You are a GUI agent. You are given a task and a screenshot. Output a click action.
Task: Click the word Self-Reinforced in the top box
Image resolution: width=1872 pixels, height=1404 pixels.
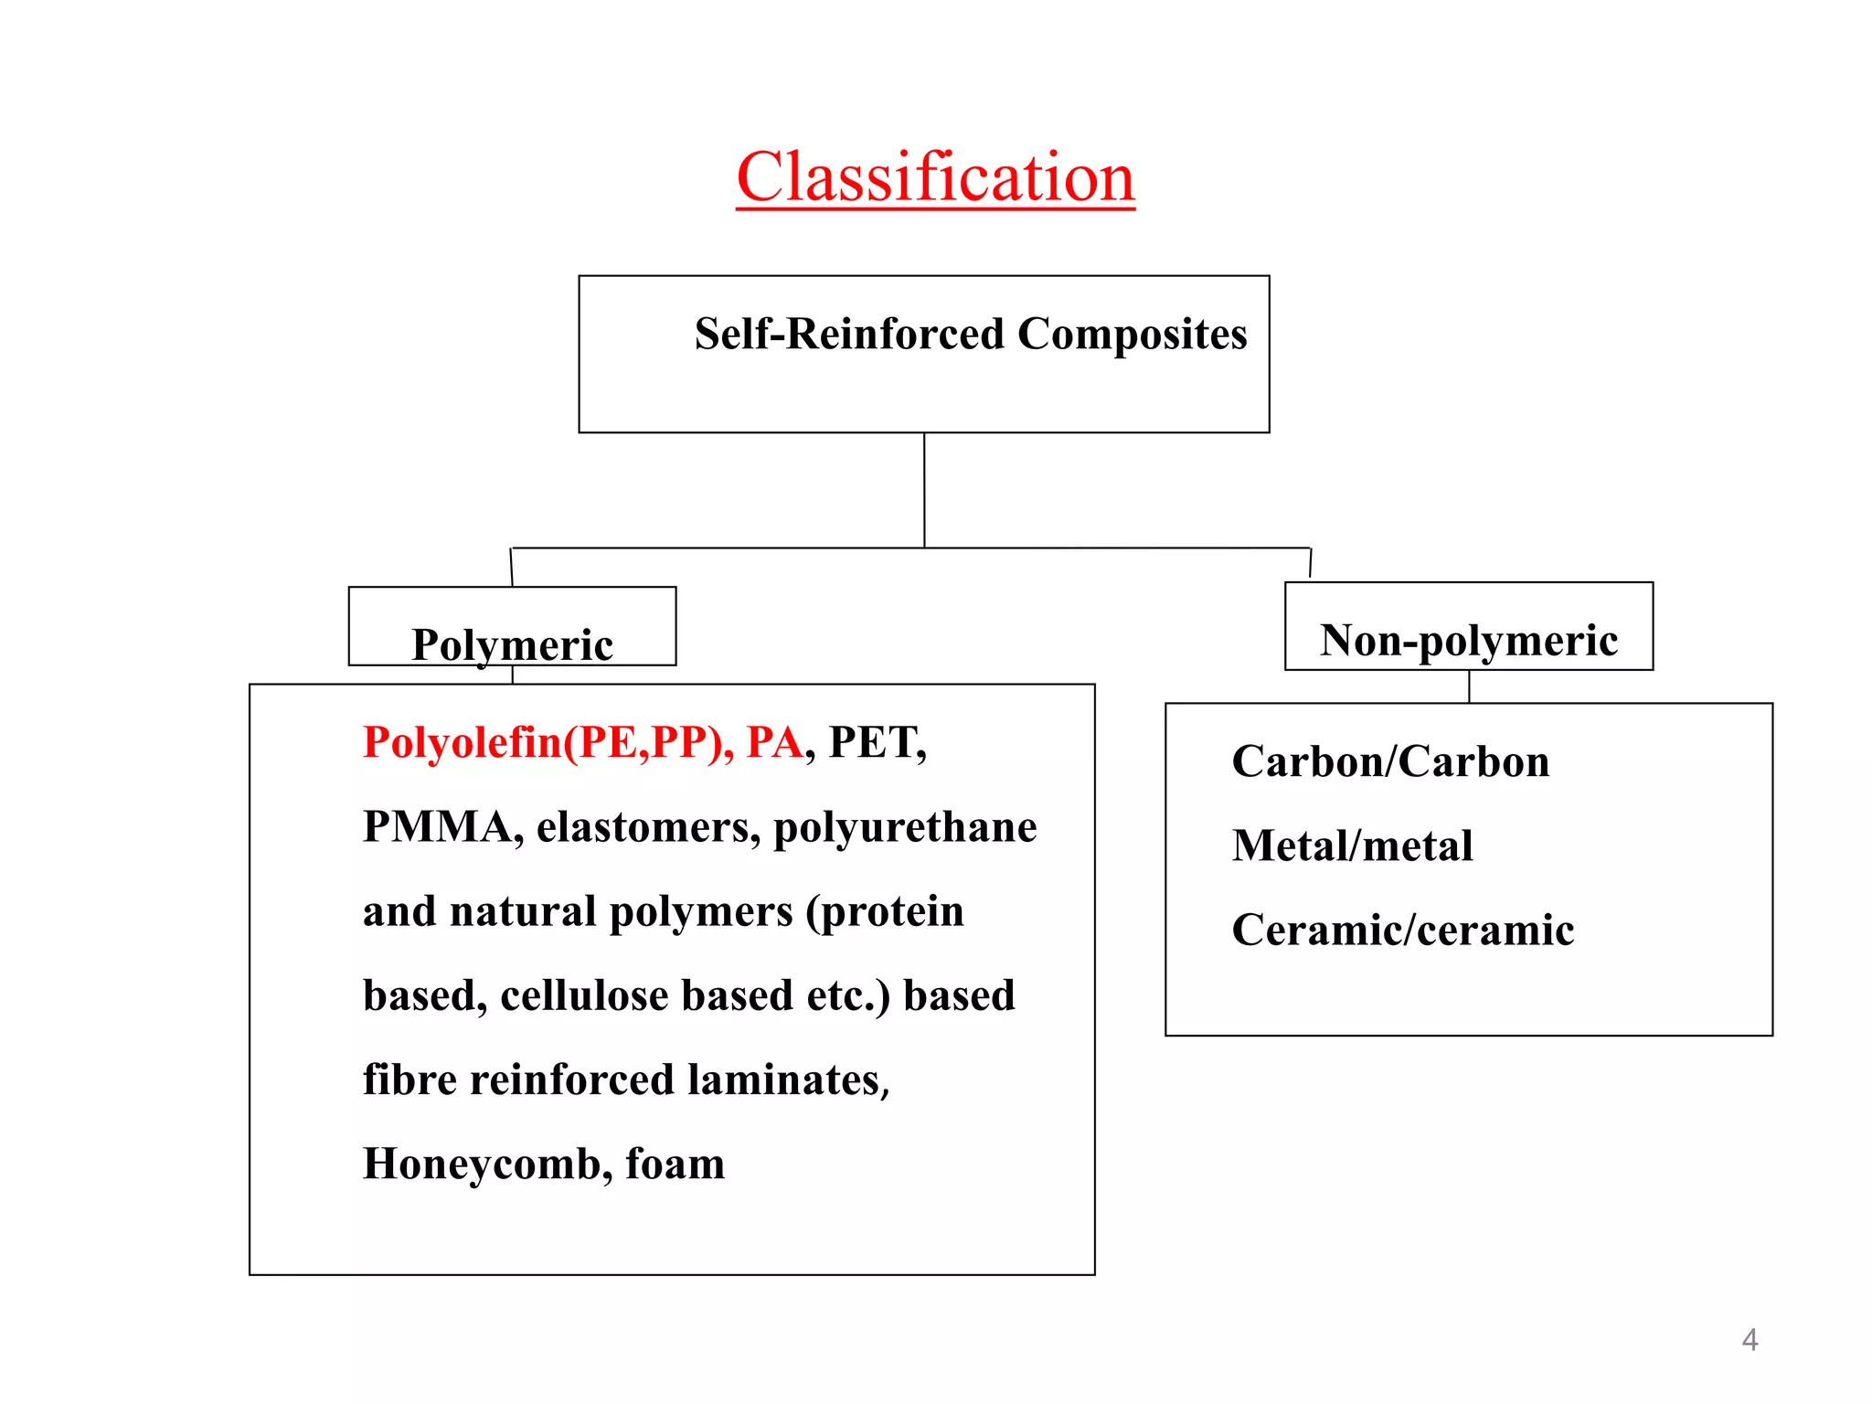coord(849,334)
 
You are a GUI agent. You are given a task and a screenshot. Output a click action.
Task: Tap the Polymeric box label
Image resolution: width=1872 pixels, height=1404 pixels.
coord(512,644)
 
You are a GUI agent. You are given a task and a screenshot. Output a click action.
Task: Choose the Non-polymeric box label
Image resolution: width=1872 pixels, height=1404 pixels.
coord(1468,640)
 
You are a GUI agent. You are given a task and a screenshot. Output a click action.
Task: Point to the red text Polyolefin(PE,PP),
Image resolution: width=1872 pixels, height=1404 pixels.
coord(548,742)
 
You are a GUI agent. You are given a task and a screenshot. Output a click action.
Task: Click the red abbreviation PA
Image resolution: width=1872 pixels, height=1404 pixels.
coord(774,742)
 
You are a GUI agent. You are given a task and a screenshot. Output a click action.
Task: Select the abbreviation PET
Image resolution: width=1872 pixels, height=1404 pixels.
coord(876,742)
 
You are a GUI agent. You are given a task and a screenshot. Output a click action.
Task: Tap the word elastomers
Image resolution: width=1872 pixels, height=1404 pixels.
coord(648,826)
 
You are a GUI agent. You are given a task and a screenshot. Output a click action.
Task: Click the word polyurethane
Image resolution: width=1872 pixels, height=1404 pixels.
coord(905,828)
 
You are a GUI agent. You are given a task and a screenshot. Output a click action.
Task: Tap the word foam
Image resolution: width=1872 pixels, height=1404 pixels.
coord(675,1165)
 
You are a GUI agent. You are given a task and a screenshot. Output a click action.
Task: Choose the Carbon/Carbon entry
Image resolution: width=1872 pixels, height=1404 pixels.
coord(1390,761)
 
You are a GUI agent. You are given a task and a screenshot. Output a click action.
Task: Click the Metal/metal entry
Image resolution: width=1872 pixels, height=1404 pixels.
coord(1352,846)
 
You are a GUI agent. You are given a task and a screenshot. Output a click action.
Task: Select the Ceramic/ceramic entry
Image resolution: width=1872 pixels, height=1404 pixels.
coord(1402,930)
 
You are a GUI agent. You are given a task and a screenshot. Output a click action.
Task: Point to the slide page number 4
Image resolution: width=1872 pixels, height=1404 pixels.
coord(1750,1340)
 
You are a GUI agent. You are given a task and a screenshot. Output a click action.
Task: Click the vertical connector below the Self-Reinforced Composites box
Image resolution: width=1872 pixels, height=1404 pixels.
coord(924,490)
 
